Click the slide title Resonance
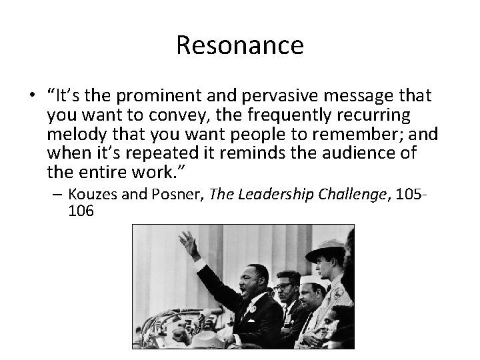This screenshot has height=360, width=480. (x=240, y=45)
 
